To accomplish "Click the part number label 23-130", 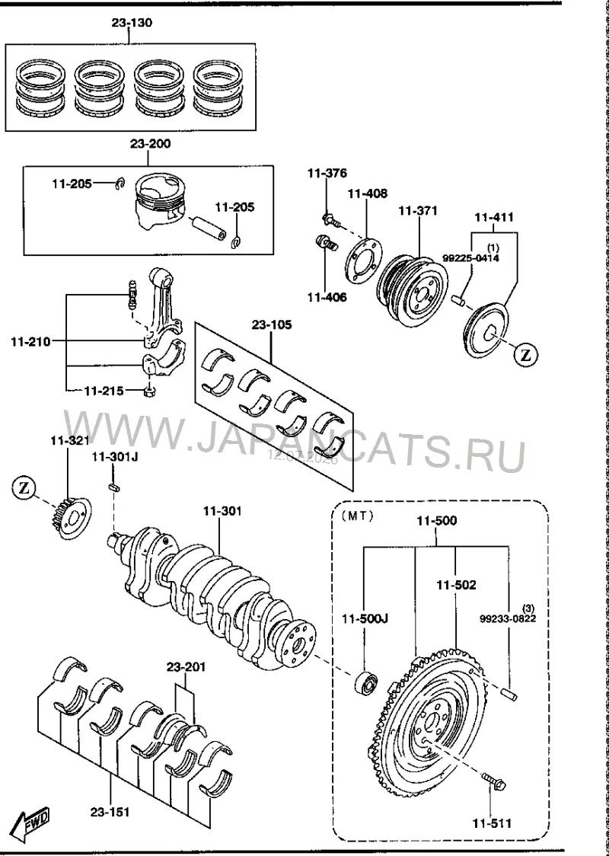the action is (x=132, y=23).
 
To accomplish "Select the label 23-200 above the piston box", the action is (x=150, y=144).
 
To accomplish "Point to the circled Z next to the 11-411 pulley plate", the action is (x=525, y=356).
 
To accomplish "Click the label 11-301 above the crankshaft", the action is (x=222, y=512).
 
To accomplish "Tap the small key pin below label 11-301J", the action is (x=115, y=487).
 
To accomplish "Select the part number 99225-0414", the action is (x=471, y=258).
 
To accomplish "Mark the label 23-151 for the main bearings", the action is (x=110, y=813).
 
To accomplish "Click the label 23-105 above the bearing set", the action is (x=272, y=325).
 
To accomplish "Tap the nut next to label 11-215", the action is (x=149, y=391).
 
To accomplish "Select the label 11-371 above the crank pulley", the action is (x=417, y=211).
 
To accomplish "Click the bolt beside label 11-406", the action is (x=327, y=243).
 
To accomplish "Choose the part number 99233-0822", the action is (x=508, y=618).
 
